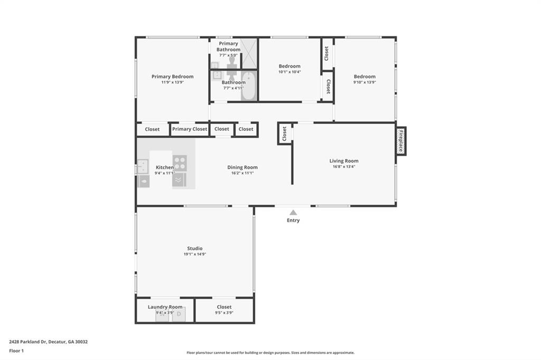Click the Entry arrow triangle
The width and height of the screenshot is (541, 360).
(x=293, y=212)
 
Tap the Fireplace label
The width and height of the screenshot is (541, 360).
(x=401, y=141)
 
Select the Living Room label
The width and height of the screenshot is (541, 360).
(x=343, y=160)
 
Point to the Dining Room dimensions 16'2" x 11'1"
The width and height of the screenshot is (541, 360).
(x=242, y=173)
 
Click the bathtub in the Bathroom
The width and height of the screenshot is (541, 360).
(x=248, y=86)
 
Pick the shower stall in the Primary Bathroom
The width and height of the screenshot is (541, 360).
(x=249, y=53)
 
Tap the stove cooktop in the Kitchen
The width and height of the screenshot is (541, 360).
(x=180, y=163)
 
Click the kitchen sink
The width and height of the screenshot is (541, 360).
(x=143, y=166)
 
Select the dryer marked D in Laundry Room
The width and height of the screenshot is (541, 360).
(x=179, y=314)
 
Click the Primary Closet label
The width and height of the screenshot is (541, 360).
(x=190, y=129)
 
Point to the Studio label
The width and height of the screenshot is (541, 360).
(x=195, y=248)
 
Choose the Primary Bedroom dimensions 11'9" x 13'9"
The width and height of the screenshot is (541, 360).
(x=173, y=82)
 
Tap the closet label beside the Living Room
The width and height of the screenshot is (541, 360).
(x=284, y=134)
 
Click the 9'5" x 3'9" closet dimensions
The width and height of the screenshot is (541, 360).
(x=224, y=313)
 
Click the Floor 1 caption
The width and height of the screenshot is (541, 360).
(x=16, y=350)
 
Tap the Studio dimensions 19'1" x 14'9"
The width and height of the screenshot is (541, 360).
(x=195, y=254)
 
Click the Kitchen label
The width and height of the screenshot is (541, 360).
(x=165, y=167)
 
